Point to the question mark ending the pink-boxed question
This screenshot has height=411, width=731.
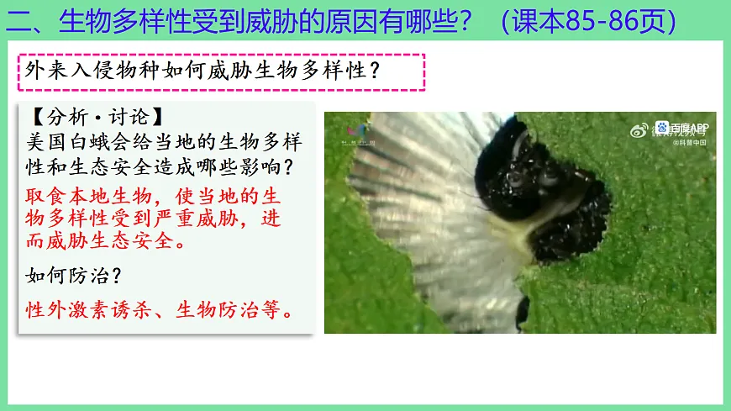pyautogui.click(x=376, y=71)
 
